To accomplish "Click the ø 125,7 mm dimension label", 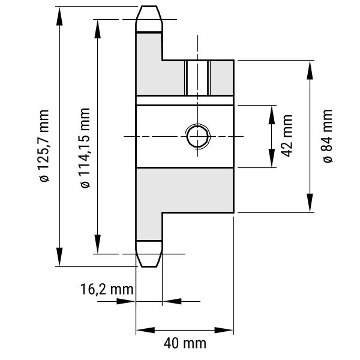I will click(x=44, y=146).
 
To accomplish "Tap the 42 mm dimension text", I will click(x=287, y=136).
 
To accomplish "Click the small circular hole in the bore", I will click(x=197, y=137).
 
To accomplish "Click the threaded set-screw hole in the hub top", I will click(x=197, y=78).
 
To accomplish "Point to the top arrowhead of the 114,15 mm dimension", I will click(x=97, y=28).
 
